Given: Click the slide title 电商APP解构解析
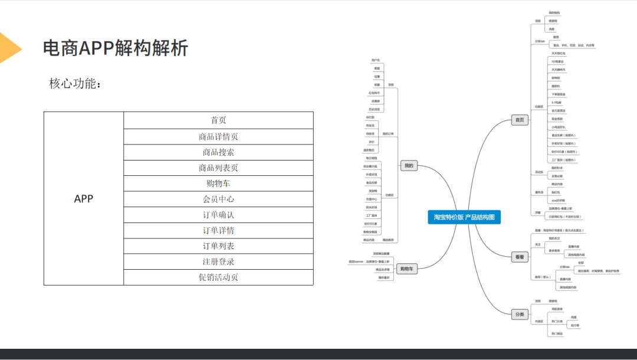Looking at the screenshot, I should (116, 48).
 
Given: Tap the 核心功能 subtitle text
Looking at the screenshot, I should (75, 84).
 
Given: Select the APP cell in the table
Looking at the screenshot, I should (84, 199).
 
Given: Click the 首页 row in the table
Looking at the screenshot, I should (218, 120).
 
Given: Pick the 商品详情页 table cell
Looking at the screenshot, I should (218, 136).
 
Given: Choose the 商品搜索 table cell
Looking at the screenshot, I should (218, 152).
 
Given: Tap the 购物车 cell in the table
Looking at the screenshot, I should (218, 184).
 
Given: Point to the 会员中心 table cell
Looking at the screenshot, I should (218, 199).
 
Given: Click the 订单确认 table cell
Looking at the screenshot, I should (218, 215).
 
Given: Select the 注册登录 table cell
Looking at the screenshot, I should (218, 261).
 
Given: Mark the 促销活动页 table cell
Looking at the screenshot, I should (218, 277).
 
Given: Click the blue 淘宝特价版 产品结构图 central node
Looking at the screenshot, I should (464, 217).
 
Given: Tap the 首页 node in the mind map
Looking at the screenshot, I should (519, 120).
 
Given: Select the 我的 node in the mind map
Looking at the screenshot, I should (408, 166).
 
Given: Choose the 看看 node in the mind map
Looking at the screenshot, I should (519, 257).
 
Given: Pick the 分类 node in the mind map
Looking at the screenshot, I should (519, 315).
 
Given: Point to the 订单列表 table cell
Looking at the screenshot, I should (218, 246).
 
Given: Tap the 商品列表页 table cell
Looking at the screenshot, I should (218, 168).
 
